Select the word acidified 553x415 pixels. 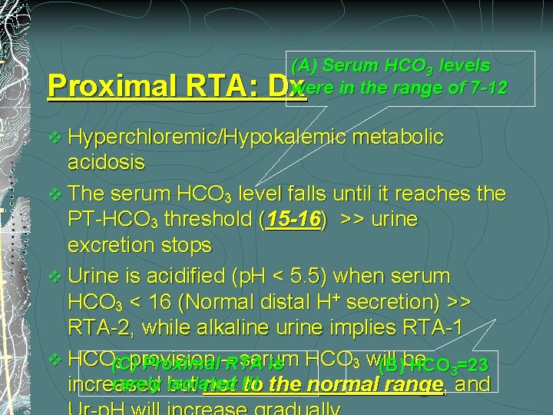coord(168,276)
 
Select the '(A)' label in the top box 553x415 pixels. coord(304,66)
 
